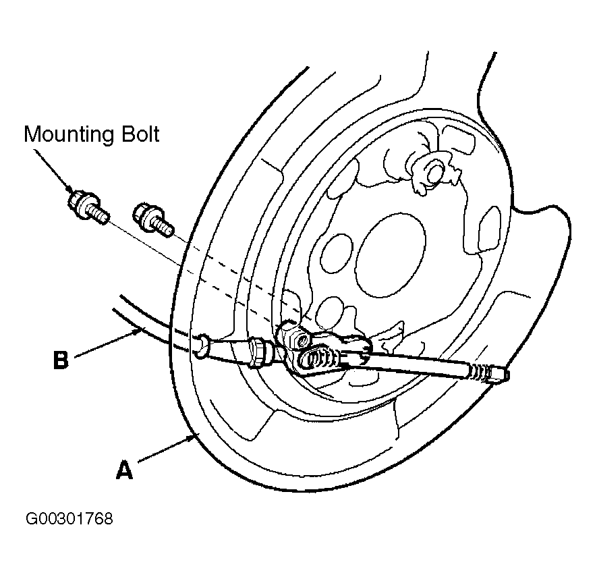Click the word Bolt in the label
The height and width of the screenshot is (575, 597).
tap(140, 134)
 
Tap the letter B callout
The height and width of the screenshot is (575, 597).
tap(61, 360)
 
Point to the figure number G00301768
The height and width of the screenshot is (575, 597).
tap(69, 518)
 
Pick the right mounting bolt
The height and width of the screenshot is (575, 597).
tap(152, 221)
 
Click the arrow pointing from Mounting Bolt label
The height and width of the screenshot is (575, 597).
tap(53, 170)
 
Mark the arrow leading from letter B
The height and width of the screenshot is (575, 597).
tap(108, 344)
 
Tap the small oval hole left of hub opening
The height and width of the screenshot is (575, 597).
tap(337, 254)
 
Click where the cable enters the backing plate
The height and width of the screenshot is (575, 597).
tap(202, 346)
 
